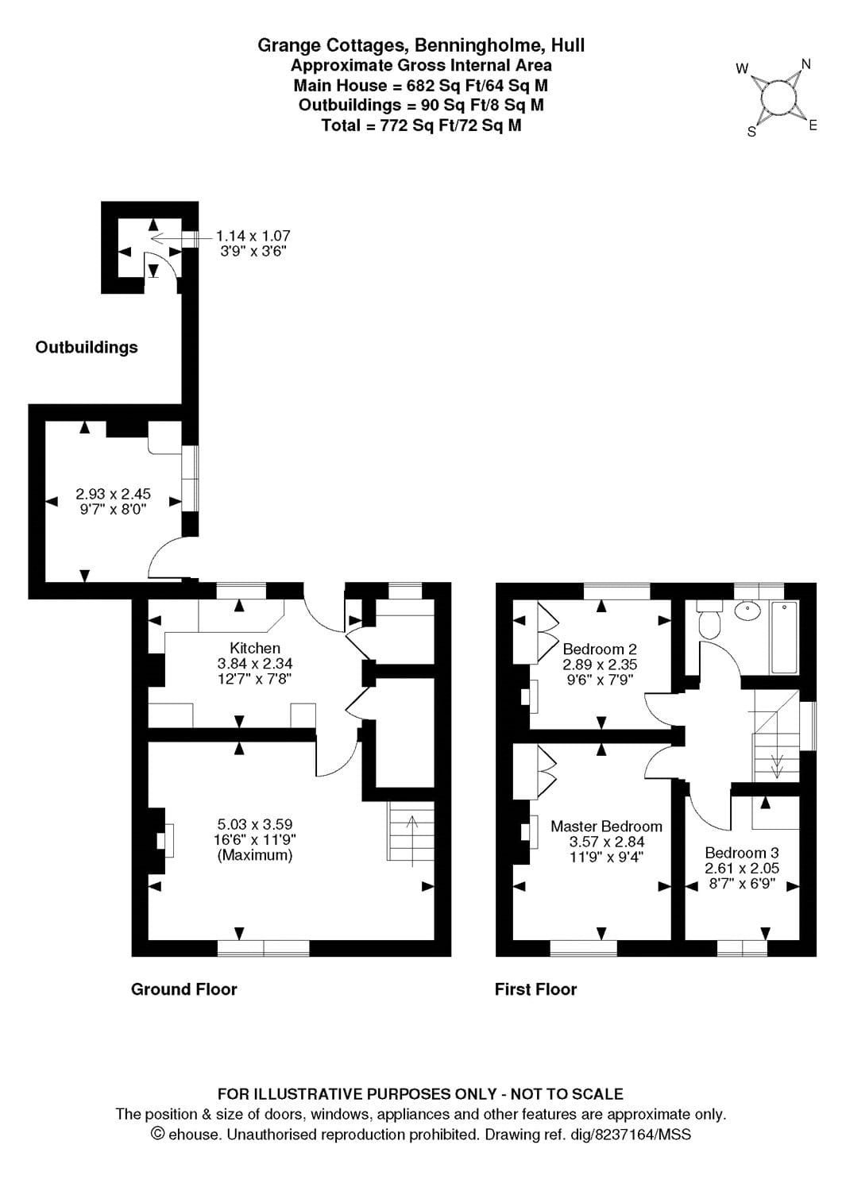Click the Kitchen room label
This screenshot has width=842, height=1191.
coord(254,648)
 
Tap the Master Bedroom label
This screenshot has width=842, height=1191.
coord(606,827)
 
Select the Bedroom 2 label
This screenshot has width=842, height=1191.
coord(600,649)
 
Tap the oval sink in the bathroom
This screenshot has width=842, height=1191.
coord(747,611)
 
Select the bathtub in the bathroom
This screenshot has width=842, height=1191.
coord(784,638)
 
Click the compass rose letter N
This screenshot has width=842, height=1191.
coord(805,64)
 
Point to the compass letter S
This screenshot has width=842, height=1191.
coord(751,132)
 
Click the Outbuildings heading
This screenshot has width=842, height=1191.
coord(87,347)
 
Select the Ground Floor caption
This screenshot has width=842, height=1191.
coord(183,989)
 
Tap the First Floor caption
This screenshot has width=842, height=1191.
coord(535,989)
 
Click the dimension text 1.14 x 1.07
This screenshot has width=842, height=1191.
coord(253,236)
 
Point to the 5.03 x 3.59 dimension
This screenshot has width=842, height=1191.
coord(255,824)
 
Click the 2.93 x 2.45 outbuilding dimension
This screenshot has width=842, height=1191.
coord(113,494)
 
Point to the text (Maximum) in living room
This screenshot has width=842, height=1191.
coord(255,855)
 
